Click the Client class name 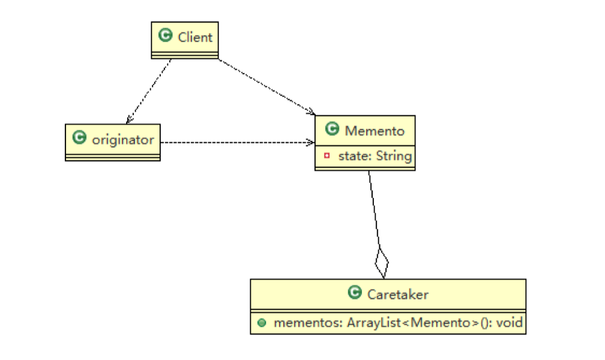click(x=195, y=37)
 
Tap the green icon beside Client click(x=166, y=36)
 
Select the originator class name click(x=123, y=140)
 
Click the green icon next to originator click(x=79, y=139)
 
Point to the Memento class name click(x=375, y=130)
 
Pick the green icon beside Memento click(x=332, y=129)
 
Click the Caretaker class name click(x=398, y=294)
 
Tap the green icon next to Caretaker click(x=355, y=293)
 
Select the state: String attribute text click(x=375, y=157)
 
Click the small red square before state click(x=327, y=156)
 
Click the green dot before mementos click(x=262, y=323)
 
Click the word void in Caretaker click(x=509, y=323)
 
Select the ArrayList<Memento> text click(x=397, y=323)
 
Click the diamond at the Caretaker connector click(x=381, y=262)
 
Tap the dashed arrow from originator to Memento click(x=237, y=143)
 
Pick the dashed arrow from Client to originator click(x=149, y=89)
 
